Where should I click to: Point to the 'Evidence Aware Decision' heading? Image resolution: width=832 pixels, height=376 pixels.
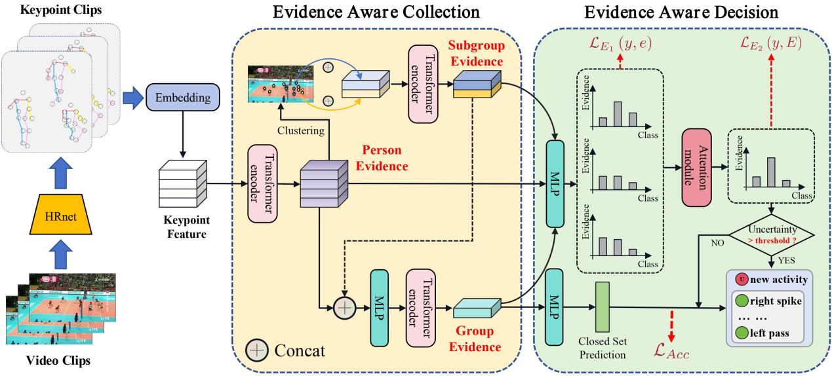tap(682, 12)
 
